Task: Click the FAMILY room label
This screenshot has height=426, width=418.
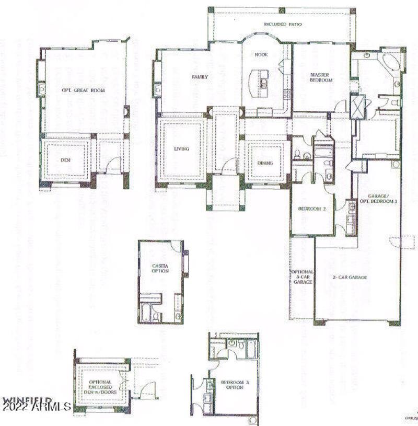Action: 200,77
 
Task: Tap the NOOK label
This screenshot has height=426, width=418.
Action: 261,54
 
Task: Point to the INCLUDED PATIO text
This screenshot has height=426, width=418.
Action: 282,24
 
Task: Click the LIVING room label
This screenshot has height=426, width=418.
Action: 181,148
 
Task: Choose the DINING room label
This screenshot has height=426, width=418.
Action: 265,163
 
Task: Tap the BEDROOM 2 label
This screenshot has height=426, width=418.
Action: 312,209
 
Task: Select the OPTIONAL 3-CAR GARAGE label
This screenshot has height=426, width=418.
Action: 303,277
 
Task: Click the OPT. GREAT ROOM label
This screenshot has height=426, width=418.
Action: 83,90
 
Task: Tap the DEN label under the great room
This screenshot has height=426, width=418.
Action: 65,160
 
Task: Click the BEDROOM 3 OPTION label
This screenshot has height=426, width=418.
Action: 235,386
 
